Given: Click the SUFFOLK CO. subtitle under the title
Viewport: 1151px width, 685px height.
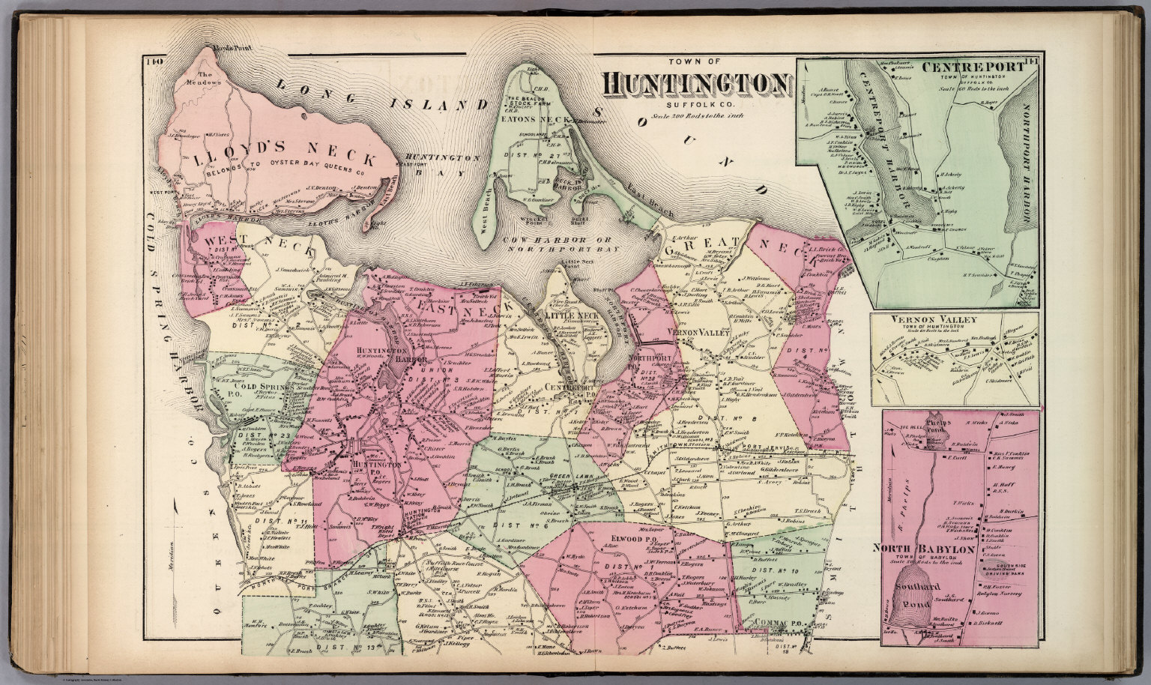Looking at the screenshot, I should (x=677, y=106).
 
